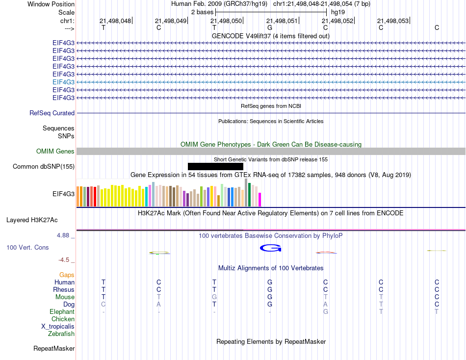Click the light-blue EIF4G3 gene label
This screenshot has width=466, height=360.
click(x=63, y=82)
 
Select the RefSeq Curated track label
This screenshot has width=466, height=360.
click(x=52, y=113)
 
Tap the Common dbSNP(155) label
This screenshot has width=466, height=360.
click(x=44, y=167)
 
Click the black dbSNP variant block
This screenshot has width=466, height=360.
click(x=215, y=167)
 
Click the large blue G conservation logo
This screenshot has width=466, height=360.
click(x=270, y=249)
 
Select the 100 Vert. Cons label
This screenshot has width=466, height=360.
click(x=27, y=248)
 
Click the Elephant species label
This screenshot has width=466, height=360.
click(x=62, y=312)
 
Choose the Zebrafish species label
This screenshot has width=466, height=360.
click(x=61, y=334)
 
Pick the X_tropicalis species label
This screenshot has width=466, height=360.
click(x=58, y=327)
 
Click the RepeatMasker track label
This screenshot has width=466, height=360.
click(x=54, y=349)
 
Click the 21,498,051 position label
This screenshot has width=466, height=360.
click(x=282, y=21)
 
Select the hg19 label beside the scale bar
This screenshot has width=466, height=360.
click(x=337, y=11)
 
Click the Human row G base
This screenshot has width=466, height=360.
click(x=270, y=283)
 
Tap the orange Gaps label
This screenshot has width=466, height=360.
click(x=67, y=275)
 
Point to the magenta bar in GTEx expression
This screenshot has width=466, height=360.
click(x=260, y=200)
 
